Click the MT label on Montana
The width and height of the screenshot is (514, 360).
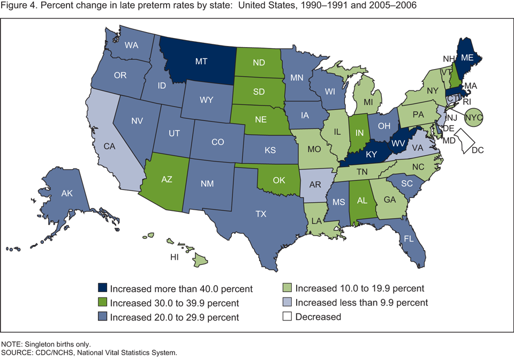(x=201, y=62)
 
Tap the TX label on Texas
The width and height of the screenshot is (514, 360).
(x=261, y=213)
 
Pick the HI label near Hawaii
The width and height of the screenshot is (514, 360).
(x=174, y=257)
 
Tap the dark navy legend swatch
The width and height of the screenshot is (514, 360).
(x=101, y=289)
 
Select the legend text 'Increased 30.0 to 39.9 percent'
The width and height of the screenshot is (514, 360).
(x=174, y=303)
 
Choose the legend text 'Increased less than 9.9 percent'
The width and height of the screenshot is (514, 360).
(x=361, y=303)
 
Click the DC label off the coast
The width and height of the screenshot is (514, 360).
(x=478, y=151)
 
